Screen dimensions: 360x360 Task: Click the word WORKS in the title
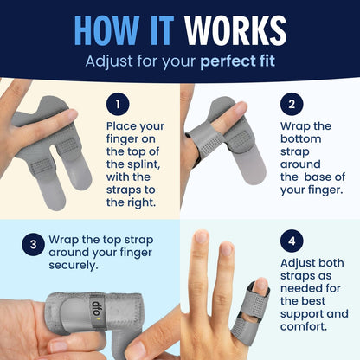(x=235, y=30)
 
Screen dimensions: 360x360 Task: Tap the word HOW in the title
(x=106, y=30)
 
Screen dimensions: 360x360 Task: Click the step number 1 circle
(x=118, y=104)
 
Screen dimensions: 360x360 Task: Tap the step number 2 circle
(x=292, y=104)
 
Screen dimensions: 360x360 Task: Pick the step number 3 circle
(x=33, y=245)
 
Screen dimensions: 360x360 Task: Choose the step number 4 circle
(x=292, y=241)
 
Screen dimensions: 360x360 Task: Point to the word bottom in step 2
(x=301, y=139)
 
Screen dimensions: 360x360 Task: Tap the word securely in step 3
(x=74, y=266)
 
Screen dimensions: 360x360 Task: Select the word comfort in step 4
(x=304, y=327)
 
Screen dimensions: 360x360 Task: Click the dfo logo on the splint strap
(x=96, y=311)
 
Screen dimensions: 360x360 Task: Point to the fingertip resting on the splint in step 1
(x=70, y=115)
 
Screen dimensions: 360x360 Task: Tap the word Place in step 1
(x=121, y=126)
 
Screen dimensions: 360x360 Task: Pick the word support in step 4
(x=305, y=314)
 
